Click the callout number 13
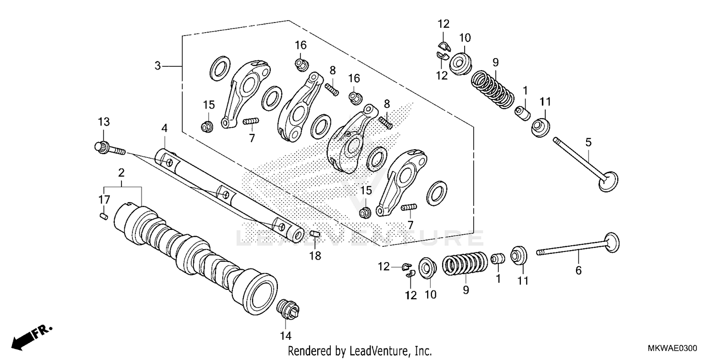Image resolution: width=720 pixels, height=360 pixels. point(104,121)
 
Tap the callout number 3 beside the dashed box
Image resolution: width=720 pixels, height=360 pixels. point(157,66)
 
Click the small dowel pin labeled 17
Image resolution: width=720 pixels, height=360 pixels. point(103,216)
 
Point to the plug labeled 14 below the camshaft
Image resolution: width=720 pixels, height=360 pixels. point(288,308)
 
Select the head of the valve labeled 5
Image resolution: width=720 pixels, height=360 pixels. point(608,182)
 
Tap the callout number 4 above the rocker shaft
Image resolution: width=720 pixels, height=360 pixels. point(164,128)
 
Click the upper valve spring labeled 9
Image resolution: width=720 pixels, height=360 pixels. point(491,88)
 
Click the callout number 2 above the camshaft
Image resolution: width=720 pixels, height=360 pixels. point(121,172)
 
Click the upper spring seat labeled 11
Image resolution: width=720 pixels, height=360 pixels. point(540,126)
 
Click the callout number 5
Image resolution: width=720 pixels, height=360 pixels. point(588,142)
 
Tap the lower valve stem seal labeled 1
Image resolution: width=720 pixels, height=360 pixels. point(498,259)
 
